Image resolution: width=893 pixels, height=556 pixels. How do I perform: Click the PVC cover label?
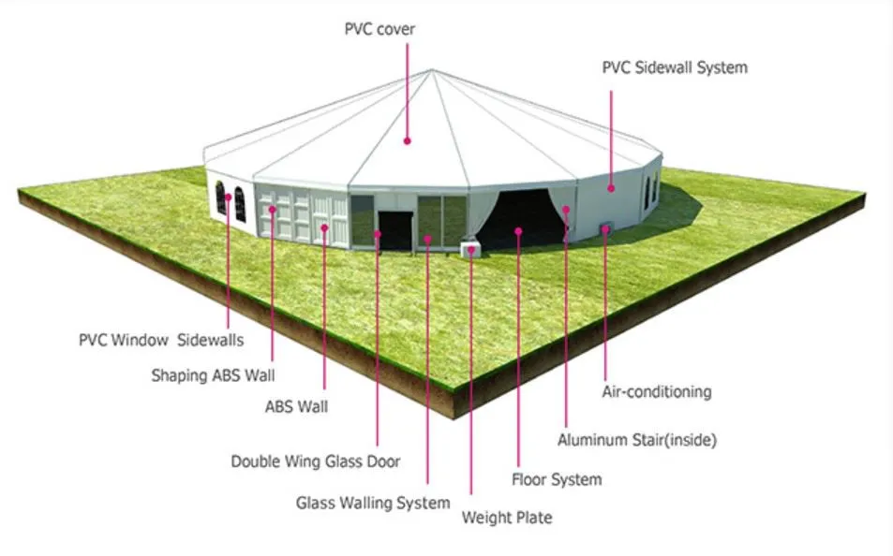click(379, 30)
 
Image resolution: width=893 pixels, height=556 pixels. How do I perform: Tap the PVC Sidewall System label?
click(675, 67)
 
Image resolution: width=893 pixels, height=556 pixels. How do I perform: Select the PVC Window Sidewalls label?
click(160, 339)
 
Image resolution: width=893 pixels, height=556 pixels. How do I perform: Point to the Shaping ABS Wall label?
click(213, 375)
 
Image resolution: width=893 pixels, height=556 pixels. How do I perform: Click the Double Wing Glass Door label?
click(316, 461)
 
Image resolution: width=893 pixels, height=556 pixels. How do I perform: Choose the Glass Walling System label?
click(373, 503)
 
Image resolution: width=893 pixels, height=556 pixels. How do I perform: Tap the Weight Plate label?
click(507, 517)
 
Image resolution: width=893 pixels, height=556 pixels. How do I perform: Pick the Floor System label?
click(557, 479)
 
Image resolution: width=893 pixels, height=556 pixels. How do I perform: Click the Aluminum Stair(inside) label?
click(637, 438)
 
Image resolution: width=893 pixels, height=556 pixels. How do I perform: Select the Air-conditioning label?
click(656, 391)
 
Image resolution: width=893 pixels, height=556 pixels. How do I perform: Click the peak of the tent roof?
click(432, 70)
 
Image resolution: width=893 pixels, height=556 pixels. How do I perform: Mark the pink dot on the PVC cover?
click(408, 140)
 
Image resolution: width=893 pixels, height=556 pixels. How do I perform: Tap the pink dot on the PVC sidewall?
click(611, 188)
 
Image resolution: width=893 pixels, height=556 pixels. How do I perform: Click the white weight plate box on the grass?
click(469, 248)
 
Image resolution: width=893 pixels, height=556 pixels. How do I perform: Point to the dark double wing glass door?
click(394, 230)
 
